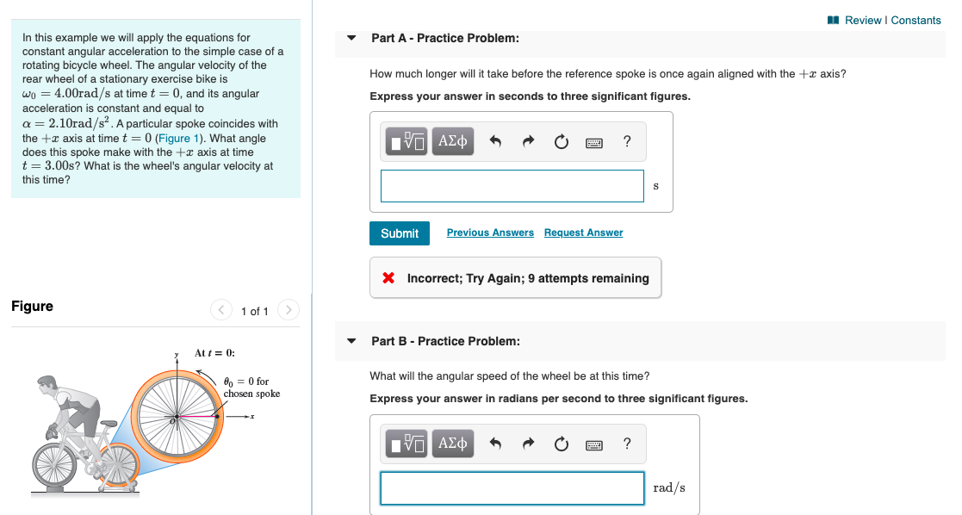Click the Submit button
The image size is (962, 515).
pyautogui.click(x=400, y=233)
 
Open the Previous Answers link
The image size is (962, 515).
pyautogui.click(x=490, y=233)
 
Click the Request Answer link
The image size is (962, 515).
pyautogui.click(x=583, y=233)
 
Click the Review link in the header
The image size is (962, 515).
pyautogui.click(x=863, y=20)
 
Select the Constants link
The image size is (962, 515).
pyautogui.click(x=915, y=20)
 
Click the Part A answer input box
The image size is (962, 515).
pyautogui.click(x=512, y=186)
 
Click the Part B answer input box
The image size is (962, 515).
pyautogui.click(x=512, y=487)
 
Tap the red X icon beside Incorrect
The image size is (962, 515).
pyautogui.click(x=388, y=278)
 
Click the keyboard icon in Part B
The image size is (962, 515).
pyautogui.click(x=593, y=444)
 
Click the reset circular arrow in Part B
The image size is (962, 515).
pyautogui.click(x=561, y=444)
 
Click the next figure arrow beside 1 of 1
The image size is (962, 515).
pyautogui.click(x=289, y=310)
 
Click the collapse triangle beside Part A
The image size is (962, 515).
pyautogui.click(x=351, y=39)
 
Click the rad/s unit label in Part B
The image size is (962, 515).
pyautogui.click(x=669, y=487)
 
